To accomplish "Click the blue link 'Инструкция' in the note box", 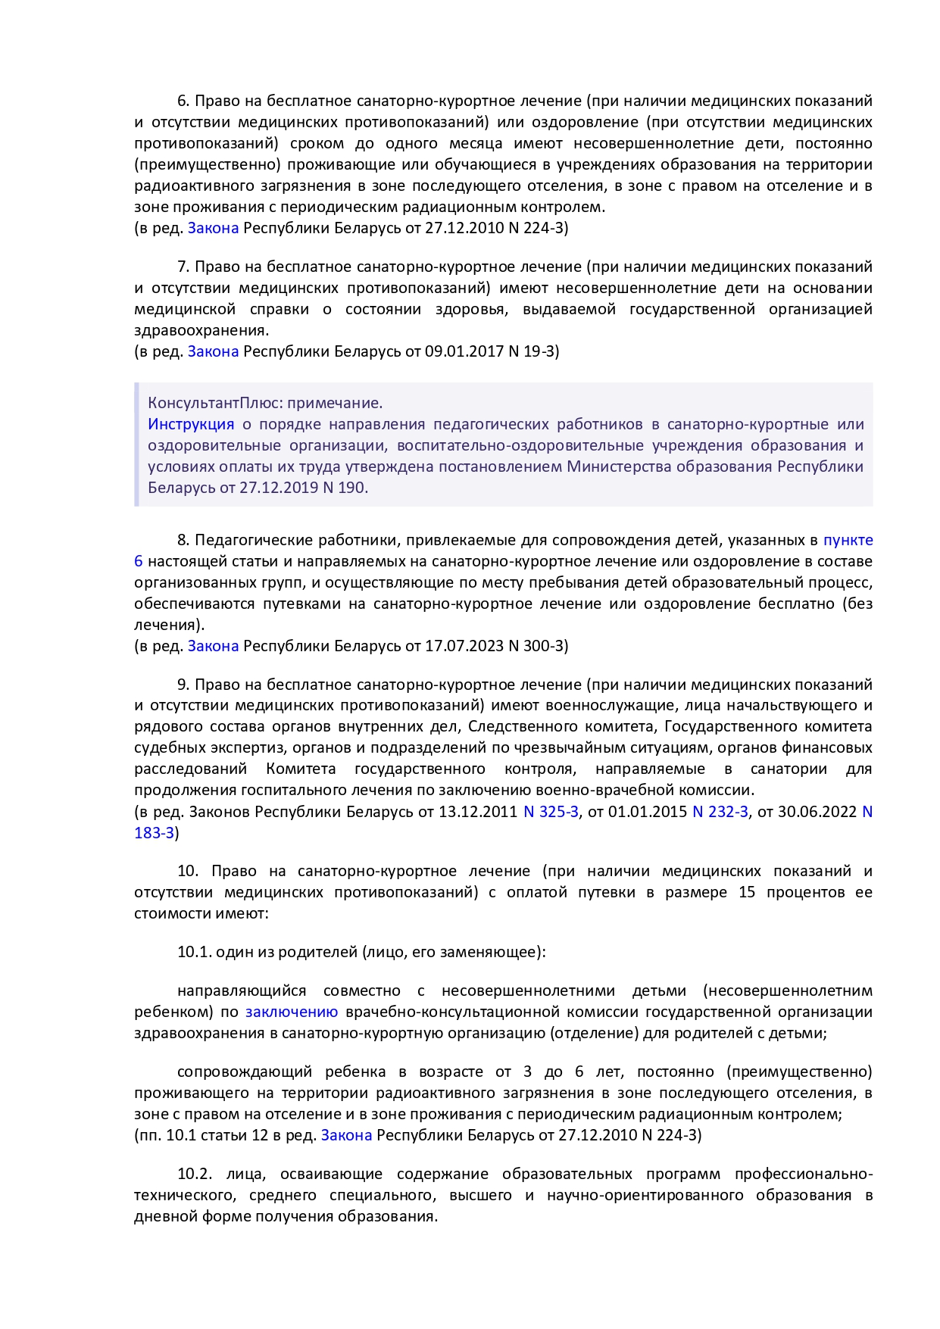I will tap(191, 424).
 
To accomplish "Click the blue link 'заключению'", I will tap(292, 1012).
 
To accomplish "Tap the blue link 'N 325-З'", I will tap(551, 812).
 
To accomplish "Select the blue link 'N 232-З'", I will tap(720, 812).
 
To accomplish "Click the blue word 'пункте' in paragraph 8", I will tap(848, 540).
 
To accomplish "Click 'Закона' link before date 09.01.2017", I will tap(213, 351).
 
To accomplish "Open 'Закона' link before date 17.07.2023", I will tap(213, 646).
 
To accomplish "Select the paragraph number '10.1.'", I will tap(194, 952).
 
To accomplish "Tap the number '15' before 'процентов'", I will tap(747, 892).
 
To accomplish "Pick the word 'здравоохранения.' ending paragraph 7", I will tap(201, 330).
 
